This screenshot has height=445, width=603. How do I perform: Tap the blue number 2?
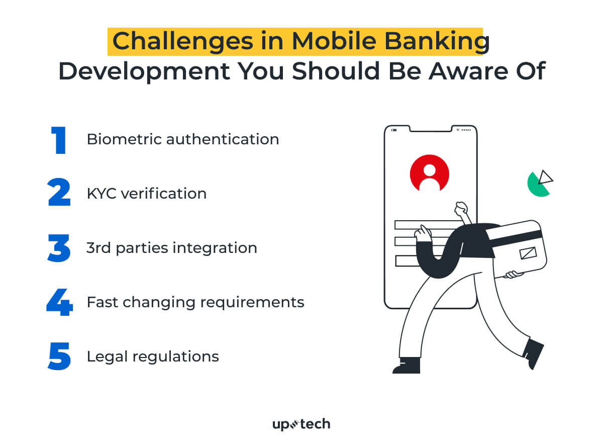click(x=59, y=194)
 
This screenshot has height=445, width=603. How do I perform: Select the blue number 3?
click(x=59, y=248)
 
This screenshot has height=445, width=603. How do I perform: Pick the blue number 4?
click(x=59, y=303)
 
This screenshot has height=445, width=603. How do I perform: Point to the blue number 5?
click(x=59, y=357)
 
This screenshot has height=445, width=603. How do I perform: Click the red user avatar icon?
click(x=429, y=173)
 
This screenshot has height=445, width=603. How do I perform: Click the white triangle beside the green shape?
click(x=545, y=177)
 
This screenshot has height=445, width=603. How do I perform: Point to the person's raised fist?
click(x=461, y=208)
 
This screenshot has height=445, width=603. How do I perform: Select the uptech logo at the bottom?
click(x=301, y=424)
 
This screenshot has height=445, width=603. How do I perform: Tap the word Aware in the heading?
click(x=470, y=71)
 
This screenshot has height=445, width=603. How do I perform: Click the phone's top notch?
click(x=431, y=130)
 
